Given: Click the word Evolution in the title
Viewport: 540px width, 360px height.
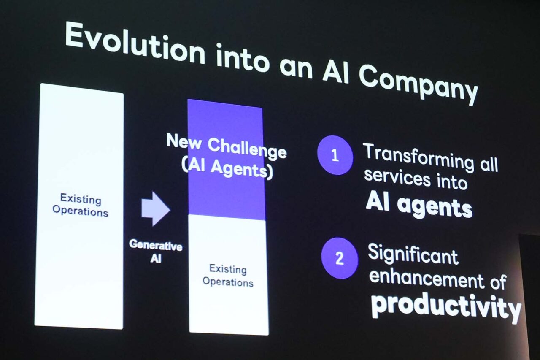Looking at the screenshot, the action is tap(135, 43).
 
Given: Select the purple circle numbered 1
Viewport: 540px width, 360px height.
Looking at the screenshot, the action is tap(335, 155).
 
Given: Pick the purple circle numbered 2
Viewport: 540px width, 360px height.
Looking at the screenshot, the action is tap(340, 258).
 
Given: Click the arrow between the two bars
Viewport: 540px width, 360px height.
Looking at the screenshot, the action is tap(156, 209).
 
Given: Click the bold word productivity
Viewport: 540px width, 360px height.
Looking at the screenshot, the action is tap(446, 309).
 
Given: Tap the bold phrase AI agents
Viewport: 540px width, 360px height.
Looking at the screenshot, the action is tap(419, 206).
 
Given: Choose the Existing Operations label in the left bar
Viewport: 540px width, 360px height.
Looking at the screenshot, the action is tap(80, 206).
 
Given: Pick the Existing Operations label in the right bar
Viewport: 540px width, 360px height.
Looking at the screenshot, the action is tap(228, 276).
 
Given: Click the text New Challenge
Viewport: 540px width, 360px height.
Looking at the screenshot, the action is tap(227, 146).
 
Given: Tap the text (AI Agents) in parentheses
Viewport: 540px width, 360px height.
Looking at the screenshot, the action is tap(227, 168).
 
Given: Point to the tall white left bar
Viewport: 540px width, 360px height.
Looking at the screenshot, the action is tap(79, 206).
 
